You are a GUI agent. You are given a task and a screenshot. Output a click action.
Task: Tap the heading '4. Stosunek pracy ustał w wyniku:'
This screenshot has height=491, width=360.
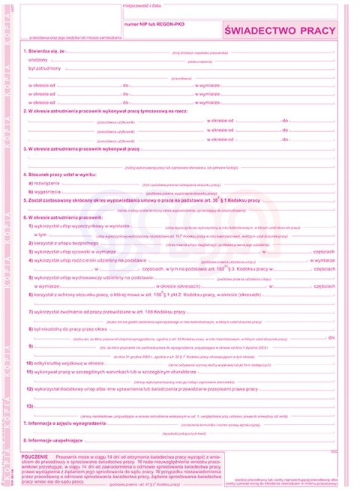tap(61, 174)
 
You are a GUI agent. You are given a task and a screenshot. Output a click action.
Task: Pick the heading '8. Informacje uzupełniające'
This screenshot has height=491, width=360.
tap(55, 440)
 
